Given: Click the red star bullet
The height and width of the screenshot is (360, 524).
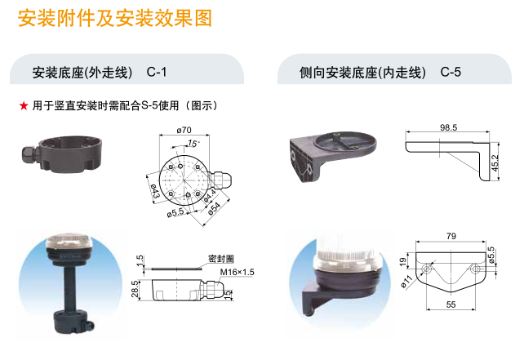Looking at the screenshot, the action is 24,106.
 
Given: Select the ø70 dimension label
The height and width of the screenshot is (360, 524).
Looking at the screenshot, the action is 184,130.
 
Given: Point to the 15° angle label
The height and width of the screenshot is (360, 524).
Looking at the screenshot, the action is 193,144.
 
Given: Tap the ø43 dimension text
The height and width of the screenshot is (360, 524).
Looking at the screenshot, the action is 155,191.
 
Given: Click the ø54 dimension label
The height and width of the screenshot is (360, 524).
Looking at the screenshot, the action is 214,208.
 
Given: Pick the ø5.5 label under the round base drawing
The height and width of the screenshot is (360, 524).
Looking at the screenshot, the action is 175,212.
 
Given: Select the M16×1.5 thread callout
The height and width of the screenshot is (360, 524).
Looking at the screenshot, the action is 237,272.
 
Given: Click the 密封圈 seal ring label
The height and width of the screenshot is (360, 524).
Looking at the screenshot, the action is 220,259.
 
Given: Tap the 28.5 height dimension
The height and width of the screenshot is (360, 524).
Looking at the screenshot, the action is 135,289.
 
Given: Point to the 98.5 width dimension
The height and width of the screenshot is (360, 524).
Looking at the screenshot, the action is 448,127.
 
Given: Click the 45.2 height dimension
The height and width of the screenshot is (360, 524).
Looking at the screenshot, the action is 495,162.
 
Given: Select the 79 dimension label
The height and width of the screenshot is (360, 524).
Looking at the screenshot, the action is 451,236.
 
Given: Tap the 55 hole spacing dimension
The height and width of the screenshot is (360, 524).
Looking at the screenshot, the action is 451,304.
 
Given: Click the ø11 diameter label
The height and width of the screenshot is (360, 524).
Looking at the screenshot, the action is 406,282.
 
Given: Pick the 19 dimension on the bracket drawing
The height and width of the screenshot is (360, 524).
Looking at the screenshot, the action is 403,260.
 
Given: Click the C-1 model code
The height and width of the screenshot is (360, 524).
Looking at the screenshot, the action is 157,72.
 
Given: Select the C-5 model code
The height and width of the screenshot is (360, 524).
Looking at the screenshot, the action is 451,72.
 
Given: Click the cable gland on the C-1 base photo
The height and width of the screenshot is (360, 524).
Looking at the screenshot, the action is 30,155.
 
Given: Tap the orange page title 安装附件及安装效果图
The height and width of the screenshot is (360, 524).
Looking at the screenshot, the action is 115,18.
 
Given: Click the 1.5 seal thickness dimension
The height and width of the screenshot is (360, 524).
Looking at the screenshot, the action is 140,260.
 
